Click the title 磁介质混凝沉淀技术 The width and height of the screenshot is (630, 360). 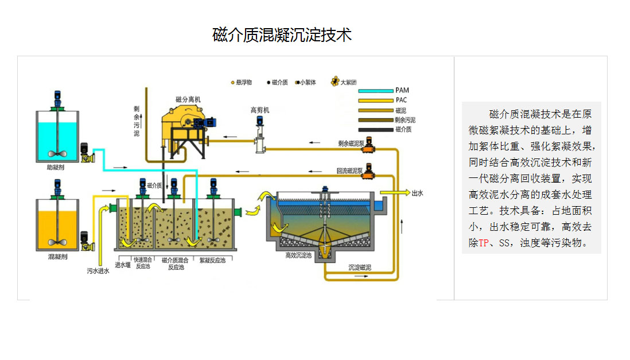click(282, 35)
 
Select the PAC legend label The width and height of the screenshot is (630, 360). click(401, 100)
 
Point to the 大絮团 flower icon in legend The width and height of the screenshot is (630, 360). click(335, 82)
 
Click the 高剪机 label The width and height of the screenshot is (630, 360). click(260, 110)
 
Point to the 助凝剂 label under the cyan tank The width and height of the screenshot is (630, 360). click(57, 168)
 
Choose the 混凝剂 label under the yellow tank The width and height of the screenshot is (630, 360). click(57, 257)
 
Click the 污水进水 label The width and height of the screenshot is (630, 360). click(98, 270)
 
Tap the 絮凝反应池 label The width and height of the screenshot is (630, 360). click(212, 260)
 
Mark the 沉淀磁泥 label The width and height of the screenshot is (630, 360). click(360, 268)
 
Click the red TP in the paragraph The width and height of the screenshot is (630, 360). click(483, 243)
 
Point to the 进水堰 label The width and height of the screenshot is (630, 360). click(123, 265)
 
